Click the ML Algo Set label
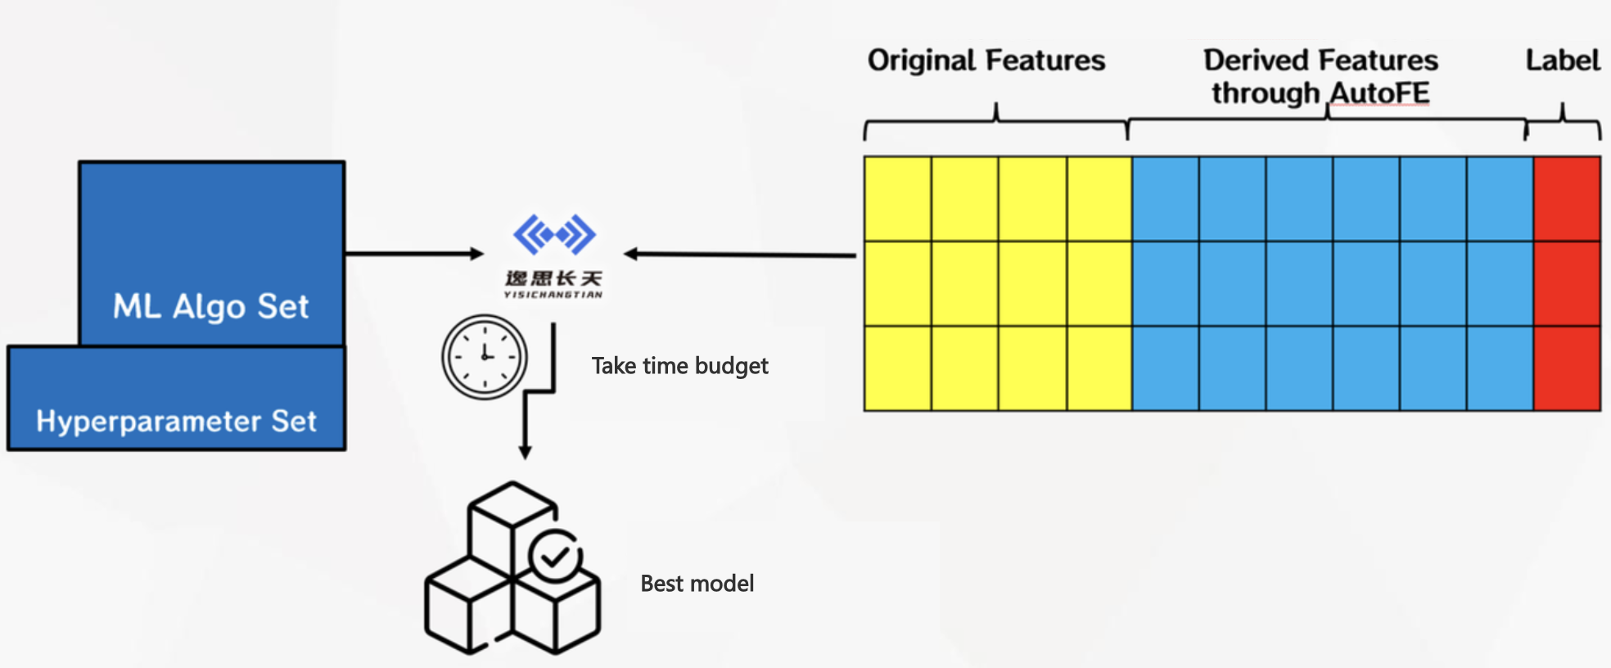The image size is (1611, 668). pyautogui.click(x=210, y=307)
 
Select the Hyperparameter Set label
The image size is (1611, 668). pyautogui.click(x=176, y=421)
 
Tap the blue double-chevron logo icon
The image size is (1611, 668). pyautogui.click(x=554, y=235)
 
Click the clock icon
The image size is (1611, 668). pyautogui.click(x=485, y=357)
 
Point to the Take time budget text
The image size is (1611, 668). pyautogui.click(x=679, y=366)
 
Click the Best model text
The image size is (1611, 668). pyautogui.click(x=697, y=584)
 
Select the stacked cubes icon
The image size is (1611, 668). pyautogui.click(x=512, y=569)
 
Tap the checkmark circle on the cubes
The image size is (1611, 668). pyautogui.click(x=556, y=557)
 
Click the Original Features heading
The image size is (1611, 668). pyautogui.click(x=986, y=61)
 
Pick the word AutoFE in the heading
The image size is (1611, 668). pyautogui.click(x=1379, y=93)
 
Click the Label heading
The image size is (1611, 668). pyautogui.click(x=1562, y=61)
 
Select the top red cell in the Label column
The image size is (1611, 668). pyautogui.click(x=1567, y=199)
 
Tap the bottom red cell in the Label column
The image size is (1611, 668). pyautogui.click(x=1567, y=368)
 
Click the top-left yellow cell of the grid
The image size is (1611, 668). pyautogui.click(x=898, y=199)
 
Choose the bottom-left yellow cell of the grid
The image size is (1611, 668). pyautogui.click(x=898, y=368)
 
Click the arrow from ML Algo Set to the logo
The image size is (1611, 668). pyautogui.click(x=414, y=254)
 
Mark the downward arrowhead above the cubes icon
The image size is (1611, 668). pyautogui.click(x=526, y=452)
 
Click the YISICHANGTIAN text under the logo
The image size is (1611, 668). pyautogui.click(x=553, y=295)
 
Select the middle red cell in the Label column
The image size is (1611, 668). pyautogui.click(x=1567, y=283)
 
